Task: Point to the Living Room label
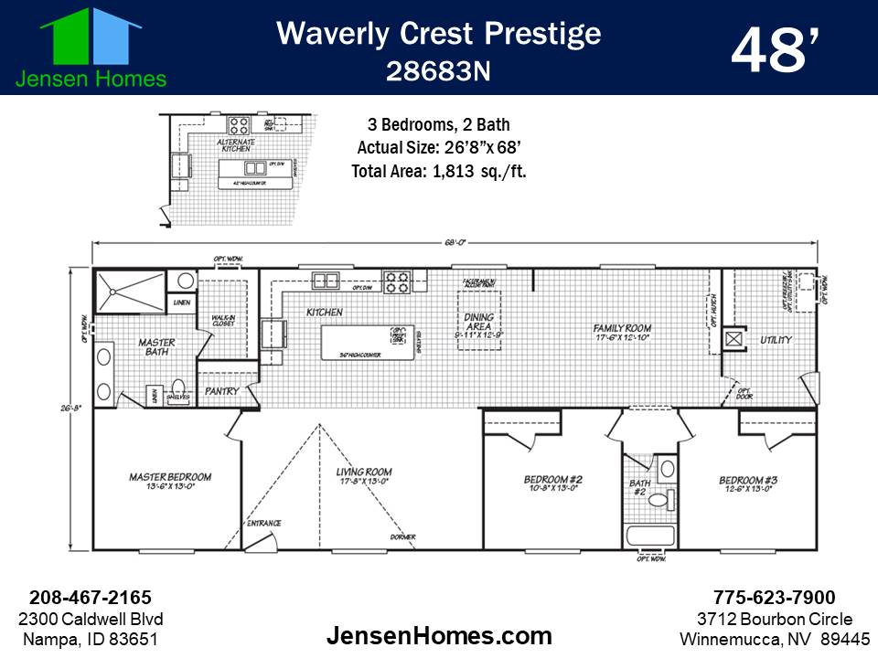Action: (x=363, y=476)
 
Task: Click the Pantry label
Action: (x=222, y=391)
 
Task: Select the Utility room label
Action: (x=776, y=340)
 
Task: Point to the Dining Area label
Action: (x=479, y=321)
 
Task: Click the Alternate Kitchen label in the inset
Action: (x=234, y=147)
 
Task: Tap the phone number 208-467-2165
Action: (x=91, y=598)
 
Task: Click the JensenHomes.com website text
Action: (x=439, y=636)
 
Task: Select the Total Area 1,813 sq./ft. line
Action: (x=439, y=170)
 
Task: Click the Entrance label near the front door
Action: (x=264, y=524)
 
